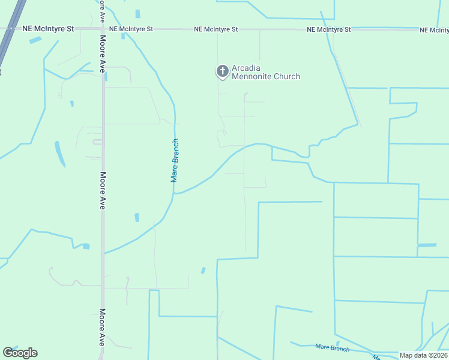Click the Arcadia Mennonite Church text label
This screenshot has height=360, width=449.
(x=265, y=72)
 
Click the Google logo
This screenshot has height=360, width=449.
(x=20, y=353)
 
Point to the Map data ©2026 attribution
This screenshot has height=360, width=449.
(x=424, y=355)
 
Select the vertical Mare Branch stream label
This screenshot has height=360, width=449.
(x=175, y=160)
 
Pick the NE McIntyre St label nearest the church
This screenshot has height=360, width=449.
(x=215, y=29)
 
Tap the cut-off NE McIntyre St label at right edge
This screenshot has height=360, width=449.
(x=434, y=29)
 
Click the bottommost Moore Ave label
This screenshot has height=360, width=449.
(x=102, y=327)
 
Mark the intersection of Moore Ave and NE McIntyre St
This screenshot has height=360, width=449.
(x=103, y=28)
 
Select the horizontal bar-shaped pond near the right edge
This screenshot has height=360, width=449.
(x=427, y=245)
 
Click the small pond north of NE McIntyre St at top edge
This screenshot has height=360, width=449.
(x=137, y=13)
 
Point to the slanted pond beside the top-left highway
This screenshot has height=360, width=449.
(x=35, y=40)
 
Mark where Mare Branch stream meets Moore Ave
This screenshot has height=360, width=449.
(x=103, y=253)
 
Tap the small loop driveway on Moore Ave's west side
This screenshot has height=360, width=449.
(x=97, y=142)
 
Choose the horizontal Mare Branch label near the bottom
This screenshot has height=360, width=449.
(x=332, y=347)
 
